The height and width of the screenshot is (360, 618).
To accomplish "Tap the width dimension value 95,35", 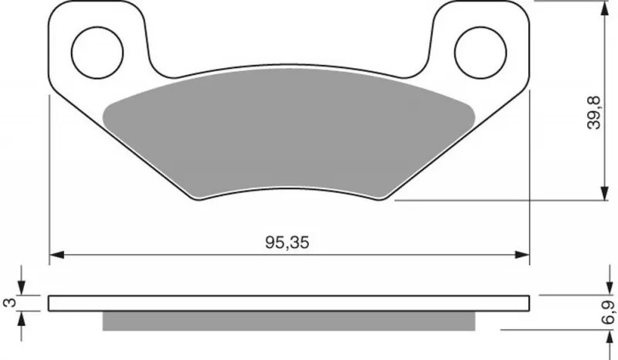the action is (287, 243).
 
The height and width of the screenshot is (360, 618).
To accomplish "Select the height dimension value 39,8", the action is (593, 112).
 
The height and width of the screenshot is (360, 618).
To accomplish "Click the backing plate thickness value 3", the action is (9, 302).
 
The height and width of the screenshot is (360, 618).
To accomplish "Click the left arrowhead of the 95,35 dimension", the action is (56, 255).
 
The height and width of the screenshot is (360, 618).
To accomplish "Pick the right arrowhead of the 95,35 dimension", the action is (522, 255).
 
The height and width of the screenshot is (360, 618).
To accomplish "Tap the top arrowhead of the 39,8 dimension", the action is (604, 8).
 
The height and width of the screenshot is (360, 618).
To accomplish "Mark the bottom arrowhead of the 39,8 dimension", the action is (604, 193).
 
